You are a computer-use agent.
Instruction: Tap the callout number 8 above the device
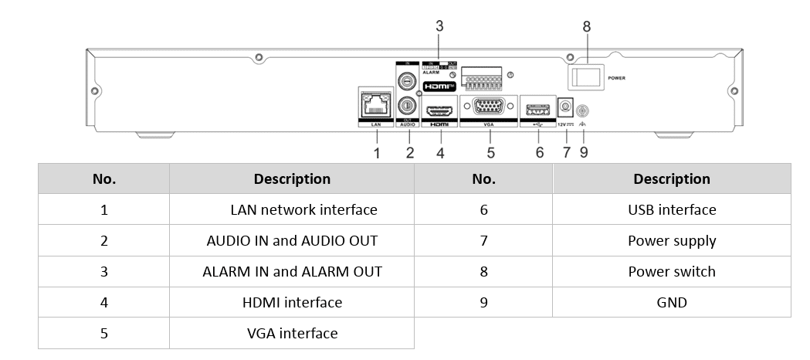click(587, 26)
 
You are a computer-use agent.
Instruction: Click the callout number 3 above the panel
click(439, 26)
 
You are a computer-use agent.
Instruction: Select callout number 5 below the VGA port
click(490, 152)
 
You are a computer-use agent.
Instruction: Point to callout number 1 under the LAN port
click(377, 152)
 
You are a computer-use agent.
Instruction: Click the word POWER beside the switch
click(617, 78)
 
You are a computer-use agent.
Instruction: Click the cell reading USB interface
click(672, 209)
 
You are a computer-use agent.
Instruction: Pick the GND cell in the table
click(672, 302)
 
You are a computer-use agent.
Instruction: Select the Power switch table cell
click(672, 271)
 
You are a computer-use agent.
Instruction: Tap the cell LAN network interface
click(303, 209)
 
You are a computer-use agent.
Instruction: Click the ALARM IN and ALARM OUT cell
click(292, 271)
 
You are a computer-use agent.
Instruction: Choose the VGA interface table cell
click(292, 334)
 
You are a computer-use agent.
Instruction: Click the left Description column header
click(292, 178)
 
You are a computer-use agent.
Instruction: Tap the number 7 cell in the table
click(483, 240)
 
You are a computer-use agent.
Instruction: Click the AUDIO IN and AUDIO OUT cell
click(292, 240)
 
